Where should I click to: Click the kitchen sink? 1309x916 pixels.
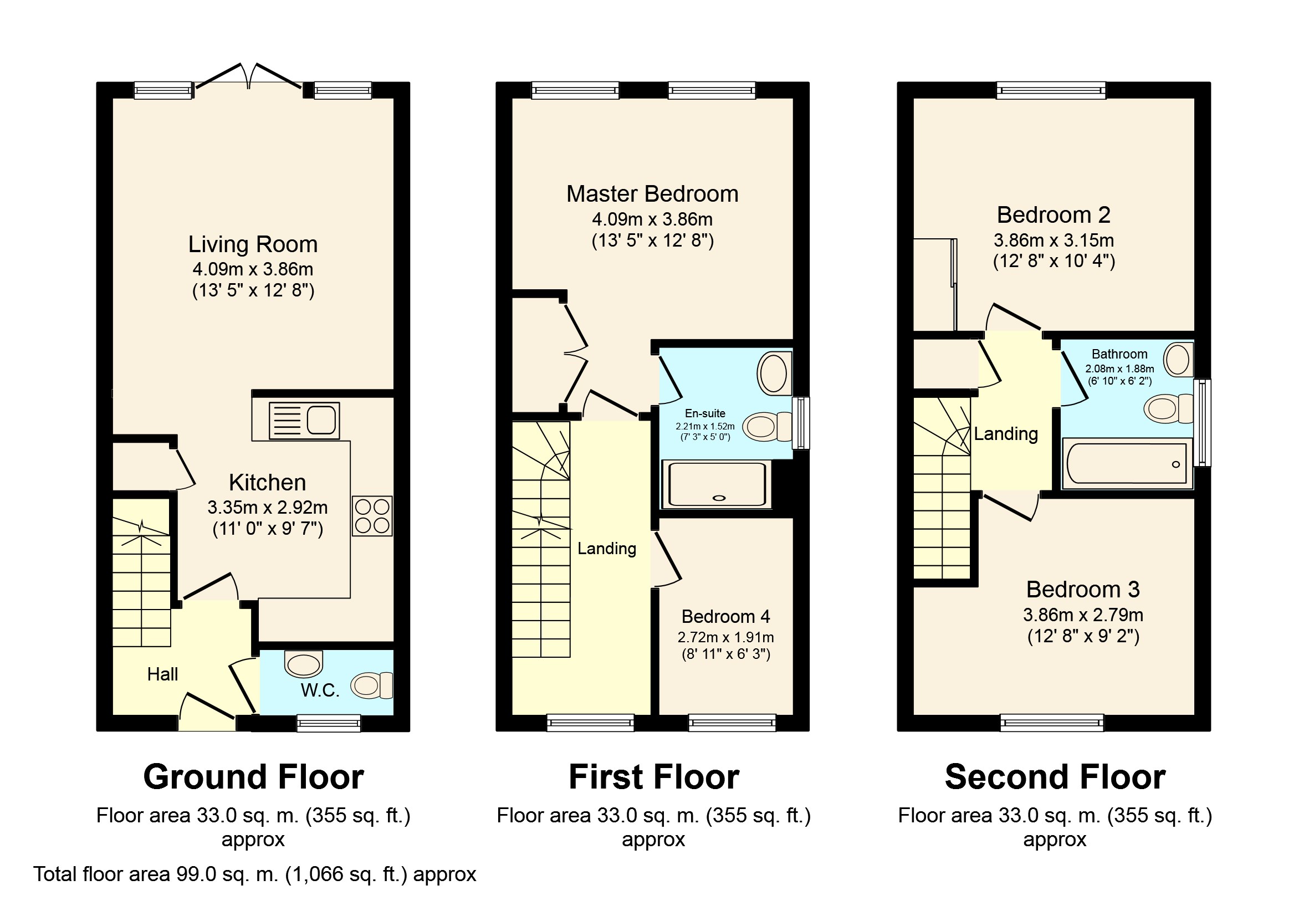point(304,421)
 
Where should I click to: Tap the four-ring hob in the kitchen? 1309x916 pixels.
point(372,516)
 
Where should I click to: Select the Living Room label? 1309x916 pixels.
point(253,244)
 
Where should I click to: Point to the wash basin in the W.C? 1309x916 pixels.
point(304,663)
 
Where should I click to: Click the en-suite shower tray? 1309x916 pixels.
point(716,484)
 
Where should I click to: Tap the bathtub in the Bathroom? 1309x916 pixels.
point(1127,463)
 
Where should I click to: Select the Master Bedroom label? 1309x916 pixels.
point(652,194)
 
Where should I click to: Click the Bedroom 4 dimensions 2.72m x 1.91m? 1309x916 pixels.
point(726,637)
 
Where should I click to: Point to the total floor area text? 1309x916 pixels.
point(254,874)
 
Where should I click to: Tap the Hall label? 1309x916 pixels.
point(162,674)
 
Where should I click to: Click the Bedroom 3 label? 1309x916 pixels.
point(1083,590)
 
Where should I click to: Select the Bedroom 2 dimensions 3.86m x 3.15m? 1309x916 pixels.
point(1054,240)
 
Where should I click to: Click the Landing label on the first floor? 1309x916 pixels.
point(607,549)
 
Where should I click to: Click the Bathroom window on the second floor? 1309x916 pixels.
point(1202,422)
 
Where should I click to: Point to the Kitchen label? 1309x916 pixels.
point(267,482)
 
